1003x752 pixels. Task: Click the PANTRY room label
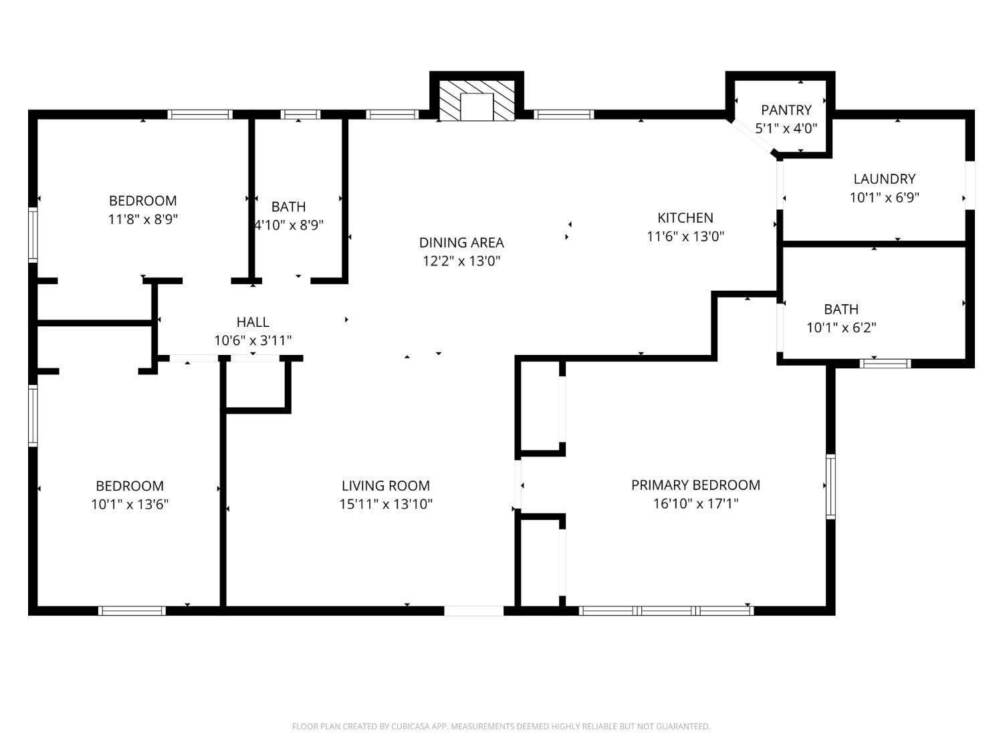786,110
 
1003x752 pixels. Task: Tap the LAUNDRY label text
884,179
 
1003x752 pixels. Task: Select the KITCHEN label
685,218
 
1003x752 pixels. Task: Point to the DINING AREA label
461,243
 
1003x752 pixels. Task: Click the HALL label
253,322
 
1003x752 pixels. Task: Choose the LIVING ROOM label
386,485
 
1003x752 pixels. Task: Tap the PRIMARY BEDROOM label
695,485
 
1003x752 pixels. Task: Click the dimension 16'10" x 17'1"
695,503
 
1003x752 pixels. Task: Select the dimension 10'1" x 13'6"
130,505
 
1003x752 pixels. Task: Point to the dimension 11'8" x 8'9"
142,220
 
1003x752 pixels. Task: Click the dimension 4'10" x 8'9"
288,225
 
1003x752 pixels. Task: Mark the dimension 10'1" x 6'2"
841,328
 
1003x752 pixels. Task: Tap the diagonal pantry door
752,136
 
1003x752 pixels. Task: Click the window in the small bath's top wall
300,114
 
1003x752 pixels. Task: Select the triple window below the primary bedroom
666,611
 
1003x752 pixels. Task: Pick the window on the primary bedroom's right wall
830,487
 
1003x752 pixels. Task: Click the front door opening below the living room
473,611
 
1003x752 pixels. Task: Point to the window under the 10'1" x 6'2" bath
885,364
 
